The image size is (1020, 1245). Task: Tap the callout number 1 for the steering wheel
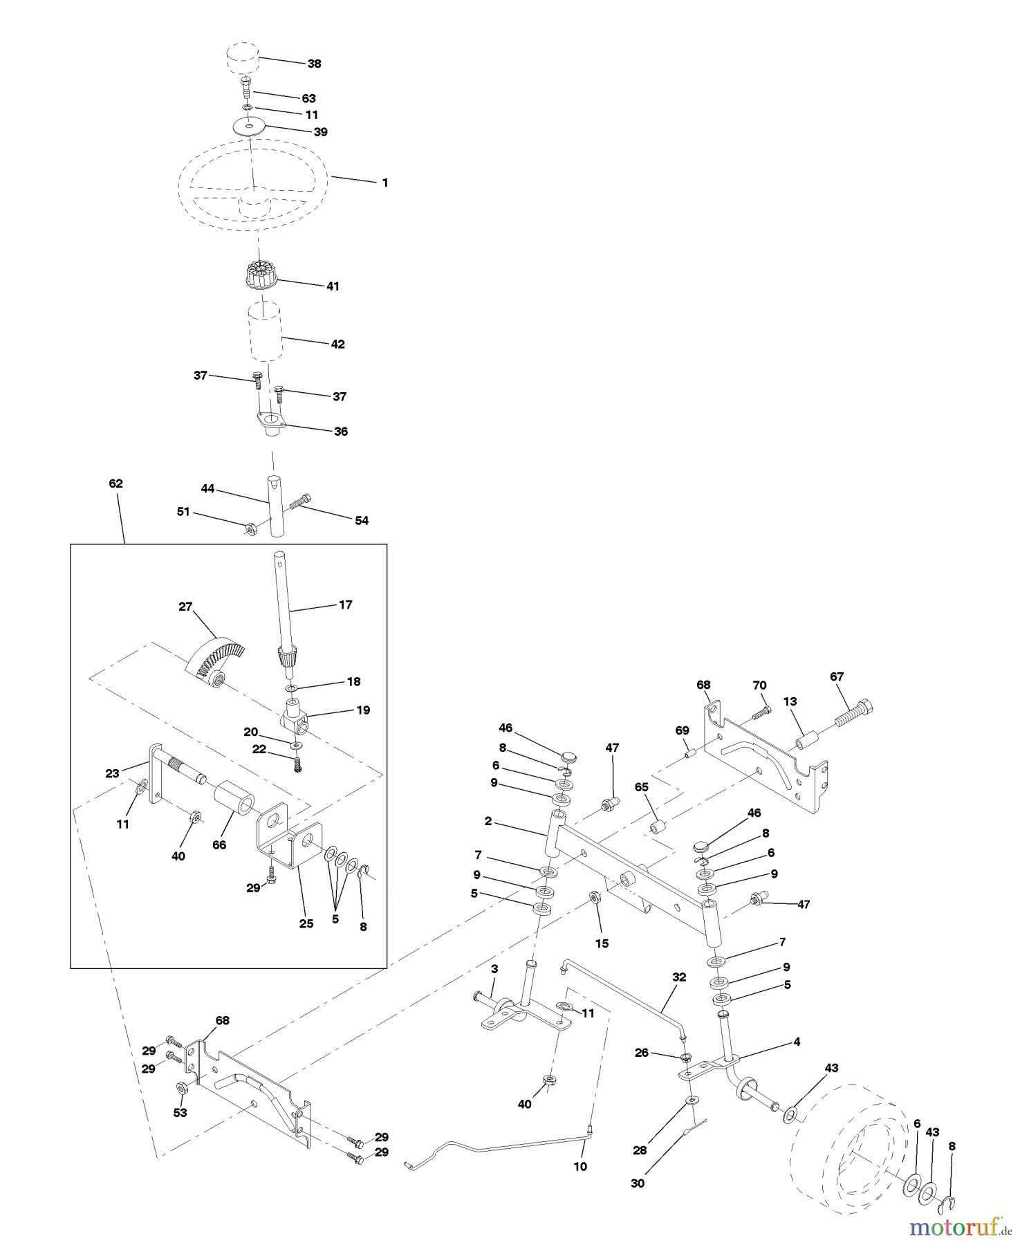(385, 183)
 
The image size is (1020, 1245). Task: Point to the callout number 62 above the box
(115, 483)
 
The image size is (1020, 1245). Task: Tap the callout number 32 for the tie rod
(679, 977)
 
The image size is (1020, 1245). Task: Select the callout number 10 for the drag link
(580, 1167)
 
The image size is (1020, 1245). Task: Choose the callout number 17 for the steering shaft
(346, 605)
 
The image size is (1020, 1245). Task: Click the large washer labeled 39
(248, 127)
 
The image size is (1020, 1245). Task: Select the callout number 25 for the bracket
(306, 923)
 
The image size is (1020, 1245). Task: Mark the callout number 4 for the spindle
(797, 1042)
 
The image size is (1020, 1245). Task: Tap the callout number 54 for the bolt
(362, 521)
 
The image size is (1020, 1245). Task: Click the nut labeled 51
(251, 528)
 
